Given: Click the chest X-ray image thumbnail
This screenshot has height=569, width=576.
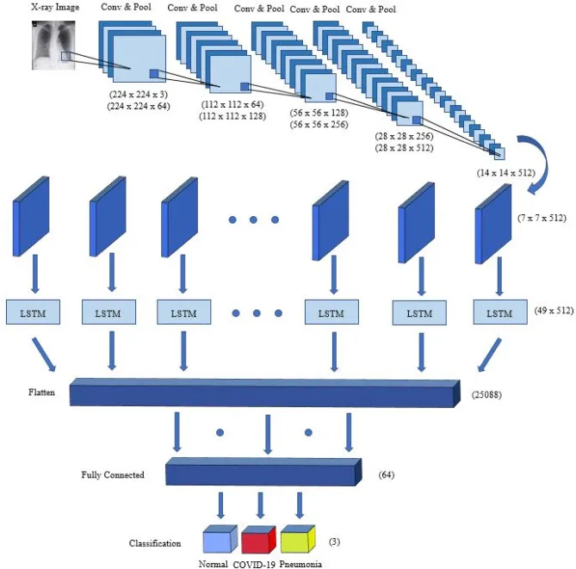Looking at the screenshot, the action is pos(53,45).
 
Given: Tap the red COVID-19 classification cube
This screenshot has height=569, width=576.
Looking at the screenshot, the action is pos(258,539).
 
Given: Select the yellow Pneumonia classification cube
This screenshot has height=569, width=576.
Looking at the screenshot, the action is pos(298,539).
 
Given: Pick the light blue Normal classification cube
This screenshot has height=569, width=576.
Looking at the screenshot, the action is pos(220,539).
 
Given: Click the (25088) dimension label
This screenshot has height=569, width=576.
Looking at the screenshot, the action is pos(486,395).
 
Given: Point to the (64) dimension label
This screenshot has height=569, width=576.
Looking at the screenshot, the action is pos(387,474).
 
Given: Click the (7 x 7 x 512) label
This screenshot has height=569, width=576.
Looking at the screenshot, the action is pos(542,218).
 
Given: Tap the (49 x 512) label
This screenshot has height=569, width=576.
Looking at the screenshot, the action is pos(554,311).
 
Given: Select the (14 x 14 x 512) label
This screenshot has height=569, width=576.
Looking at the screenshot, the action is pos(506,173).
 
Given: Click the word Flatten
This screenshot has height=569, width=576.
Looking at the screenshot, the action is pos(41,393).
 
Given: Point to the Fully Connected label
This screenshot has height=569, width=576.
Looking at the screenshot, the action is pos(113,474).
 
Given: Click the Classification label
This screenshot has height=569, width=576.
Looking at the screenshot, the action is pos(155,543).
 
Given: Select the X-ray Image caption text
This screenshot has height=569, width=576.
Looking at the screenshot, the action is pos(55,8).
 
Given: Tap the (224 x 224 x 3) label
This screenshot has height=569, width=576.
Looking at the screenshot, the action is pos(139,95).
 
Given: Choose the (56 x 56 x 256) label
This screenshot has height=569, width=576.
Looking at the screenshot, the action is pos(319,125).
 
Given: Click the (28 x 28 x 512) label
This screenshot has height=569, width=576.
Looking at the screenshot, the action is pos(404,148).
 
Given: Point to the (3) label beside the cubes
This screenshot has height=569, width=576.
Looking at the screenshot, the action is pos(334,541).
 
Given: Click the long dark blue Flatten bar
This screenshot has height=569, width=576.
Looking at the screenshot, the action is pos(265,393).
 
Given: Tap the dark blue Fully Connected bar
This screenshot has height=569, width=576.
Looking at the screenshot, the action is pos(263,472).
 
